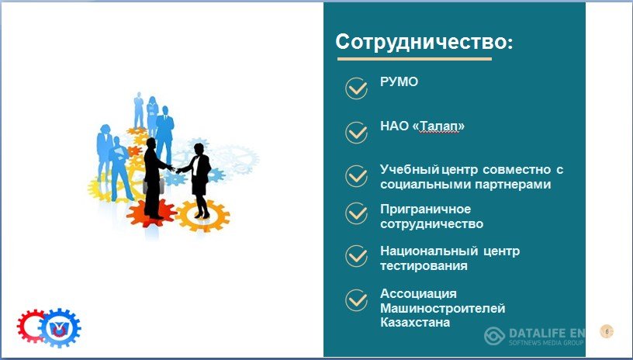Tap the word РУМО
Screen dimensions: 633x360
(399, 81)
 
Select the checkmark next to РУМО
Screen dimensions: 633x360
(357, 88)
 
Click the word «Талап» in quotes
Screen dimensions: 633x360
(438, 126)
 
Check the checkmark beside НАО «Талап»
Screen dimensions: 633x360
(357, 133)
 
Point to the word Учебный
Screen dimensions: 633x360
(410, 170)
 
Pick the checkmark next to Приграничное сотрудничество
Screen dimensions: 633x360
(357, 213)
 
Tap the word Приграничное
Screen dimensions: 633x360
(426, 209)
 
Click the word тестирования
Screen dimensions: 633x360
(424, 266)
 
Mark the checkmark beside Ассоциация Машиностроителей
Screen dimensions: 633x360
(357, 300)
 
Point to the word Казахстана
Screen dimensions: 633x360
(415, 323)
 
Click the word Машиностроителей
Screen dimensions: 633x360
(443, 308)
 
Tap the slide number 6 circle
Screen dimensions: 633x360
(607, 331)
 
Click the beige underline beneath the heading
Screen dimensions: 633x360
(414, 59)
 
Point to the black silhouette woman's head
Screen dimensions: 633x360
(199, 148)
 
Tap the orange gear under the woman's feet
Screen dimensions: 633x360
(202, 216)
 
